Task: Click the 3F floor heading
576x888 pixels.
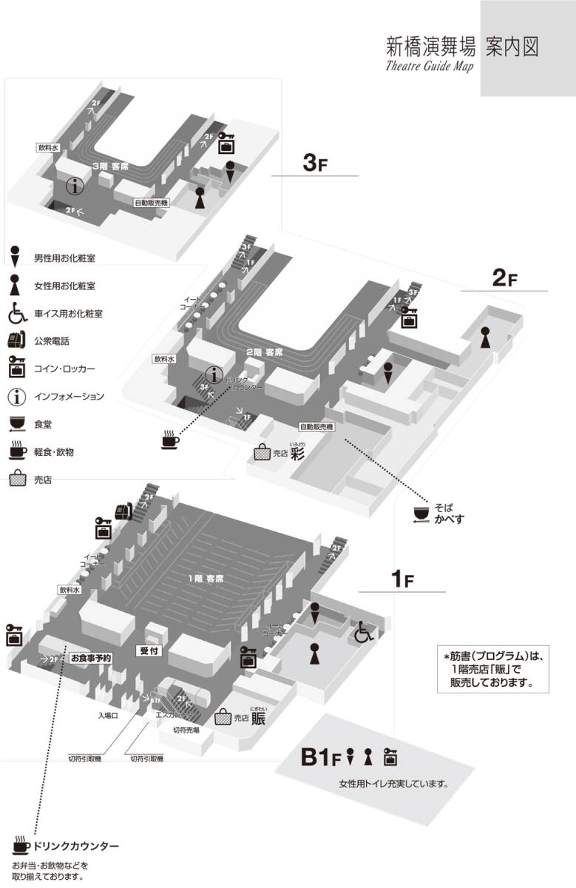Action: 315,164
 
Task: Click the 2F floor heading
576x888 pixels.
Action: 505,278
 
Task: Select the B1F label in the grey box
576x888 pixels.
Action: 320,758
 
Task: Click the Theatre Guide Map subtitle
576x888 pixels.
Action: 429,65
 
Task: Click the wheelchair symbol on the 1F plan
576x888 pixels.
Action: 364,631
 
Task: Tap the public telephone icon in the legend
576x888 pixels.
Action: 17,341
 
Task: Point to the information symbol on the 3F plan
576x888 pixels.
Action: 75,186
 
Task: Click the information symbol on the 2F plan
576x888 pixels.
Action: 215,375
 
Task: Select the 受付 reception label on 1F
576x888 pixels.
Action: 150,651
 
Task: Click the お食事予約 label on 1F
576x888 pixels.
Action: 90,657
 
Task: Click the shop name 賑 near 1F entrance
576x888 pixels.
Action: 258,718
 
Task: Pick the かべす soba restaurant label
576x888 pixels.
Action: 449,519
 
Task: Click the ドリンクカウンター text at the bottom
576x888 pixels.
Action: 76,846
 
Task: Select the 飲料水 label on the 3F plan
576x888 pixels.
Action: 48,147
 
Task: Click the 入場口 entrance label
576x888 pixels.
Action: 109,716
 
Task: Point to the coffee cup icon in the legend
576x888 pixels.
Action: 17,450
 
